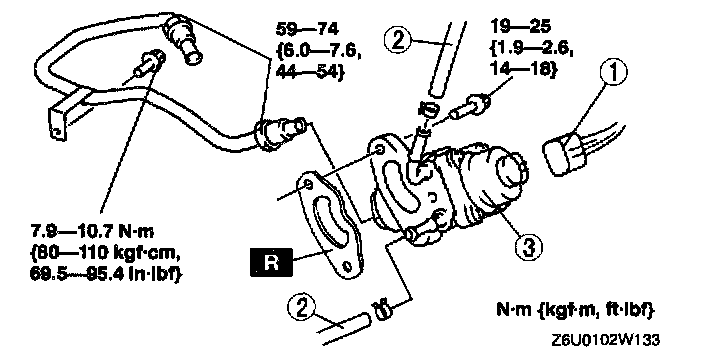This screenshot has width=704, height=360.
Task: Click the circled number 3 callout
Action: click(x=528, y=247)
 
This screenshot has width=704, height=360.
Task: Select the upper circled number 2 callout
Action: click(x=398, y=40)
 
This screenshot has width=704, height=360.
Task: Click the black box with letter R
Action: click(x=271, y=262)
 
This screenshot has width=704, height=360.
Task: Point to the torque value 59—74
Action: click(x=308, y=29)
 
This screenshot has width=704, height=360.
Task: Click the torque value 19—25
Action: click(x=520, y=27)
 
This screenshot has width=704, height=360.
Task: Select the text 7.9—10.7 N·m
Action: click(x=92, y=232)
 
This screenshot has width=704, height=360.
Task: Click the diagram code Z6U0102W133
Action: click(x=606, y=340)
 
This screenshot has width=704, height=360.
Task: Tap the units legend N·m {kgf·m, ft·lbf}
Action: click(x=576, y=310)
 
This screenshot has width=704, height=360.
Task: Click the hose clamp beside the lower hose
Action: click(x=382, y=310)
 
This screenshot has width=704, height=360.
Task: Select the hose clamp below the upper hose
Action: click(x=428, y=110)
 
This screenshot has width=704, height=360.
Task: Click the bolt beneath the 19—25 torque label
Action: click(x=471, y=106)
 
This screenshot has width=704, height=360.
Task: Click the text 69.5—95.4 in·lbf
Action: click(x=106, y=274)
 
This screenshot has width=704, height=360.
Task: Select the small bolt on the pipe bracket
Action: click(x=148, y=65)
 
